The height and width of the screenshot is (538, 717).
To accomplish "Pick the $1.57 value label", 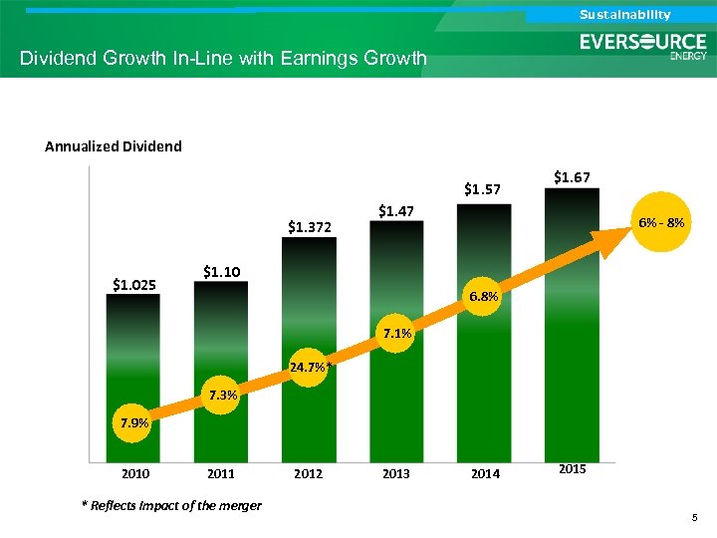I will (482, 188).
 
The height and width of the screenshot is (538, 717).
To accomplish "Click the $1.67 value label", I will (572, 177).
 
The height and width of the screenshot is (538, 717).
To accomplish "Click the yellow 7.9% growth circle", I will (134, 422).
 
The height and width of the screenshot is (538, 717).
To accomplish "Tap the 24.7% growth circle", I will (309, 367).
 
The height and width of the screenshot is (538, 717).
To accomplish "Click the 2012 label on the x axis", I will (309, 474).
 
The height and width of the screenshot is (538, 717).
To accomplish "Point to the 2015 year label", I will (572, 467).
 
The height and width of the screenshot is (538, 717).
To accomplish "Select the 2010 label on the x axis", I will (133, 474).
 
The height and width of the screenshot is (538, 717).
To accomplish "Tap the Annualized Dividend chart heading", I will (114, 146).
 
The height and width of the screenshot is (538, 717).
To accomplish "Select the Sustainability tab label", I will (625, 14).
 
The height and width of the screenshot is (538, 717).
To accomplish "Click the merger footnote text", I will (171, 505).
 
